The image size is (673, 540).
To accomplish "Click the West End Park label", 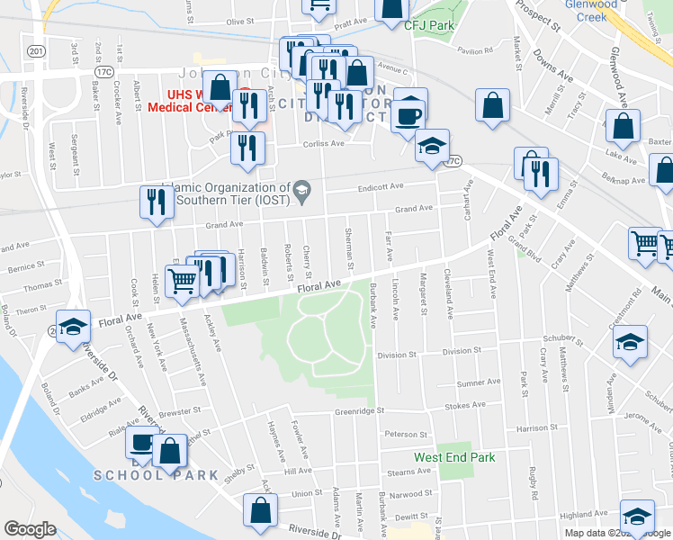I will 454,457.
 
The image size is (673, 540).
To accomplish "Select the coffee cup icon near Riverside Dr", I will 142,443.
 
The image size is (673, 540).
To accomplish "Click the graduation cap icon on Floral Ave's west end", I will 73,326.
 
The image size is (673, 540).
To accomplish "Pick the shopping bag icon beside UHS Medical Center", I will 220,87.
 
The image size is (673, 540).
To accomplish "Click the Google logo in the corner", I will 31,528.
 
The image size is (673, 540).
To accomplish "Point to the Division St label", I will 397,355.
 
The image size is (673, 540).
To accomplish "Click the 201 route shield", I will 36,51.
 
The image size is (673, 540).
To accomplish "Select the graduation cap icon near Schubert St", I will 630,343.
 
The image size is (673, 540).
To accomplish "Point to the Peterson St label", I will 404,434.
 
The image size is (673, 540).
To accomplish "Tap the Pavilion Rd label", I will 476,51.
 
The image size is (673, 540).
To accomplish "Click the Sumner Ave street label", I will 478,383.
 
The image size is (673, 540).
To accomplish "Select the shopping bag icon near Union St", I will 260,509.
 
